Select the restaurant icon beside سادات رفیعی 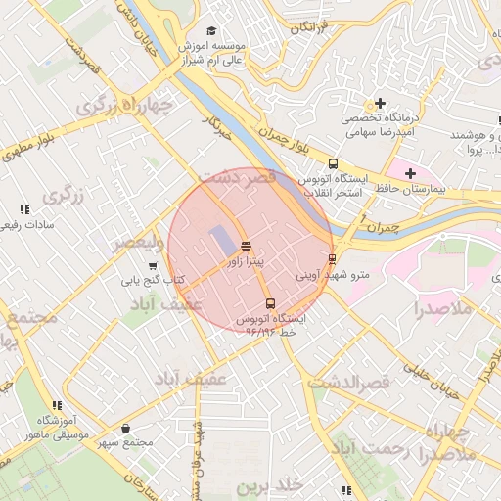pyautogui.click(x=24, y=209)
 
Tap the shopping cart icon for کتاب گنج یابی pyautogui.click(x=178, y=281)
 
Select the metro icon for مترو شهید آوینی pyautogui.click(x=333, y=259)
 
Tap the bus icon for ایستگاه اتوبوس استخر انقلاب pyautogui.click(x=333, y=163)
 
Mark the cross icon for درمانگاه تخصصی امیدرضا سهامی pyautogui.click(x=380, y=103)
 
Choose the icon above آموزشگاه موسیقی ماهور pyautogui.click(x=54, y=404)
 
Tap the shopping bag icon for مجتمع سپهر pyautogui.click(x=125, y=428)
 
